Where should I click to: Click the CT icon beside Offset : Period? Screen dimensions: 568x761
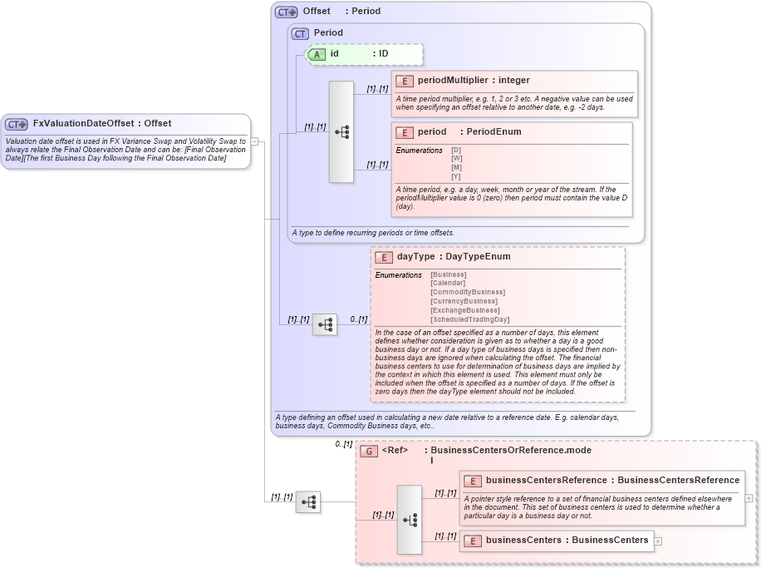pyautogui.click(x=287, y=12)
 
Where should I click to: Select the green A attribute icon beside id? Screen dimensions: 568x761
pyautogui.click(x=317, y=54)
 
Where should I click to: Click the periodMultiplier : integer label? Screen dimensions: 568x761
pyautogui.click(x=474, y=81)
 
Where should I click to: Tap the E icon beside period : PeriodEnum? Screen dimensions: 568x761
pyautogui.click(x=405, y=132)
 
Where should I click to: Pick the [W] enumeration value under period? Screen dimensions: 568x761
pyautogui.click(x=456, y=159)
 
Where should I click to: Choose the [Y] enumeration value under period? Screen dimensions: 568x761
pyautogui.click(x=456, y=176)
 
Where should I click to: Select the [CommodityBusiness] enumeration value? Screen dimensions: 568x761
pyautogui.click(x=468, y=292)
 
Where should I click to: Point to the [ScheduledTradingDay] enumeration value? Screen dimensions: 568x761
pyautogui.click(x=469, y=319)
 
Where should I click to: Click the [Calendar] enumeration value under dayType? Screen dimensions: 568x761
pyautogui.click(x=449, y=283)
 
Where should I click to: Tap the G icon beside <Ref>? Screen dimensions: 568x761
pyautogui.click(x=370, y=451)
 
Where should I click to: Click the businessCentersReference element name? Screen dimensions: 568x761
pyautogui.click(x=547, y=480)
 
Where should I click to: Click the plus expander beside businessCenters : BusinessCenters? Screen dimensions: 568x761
pyautogui.click(x=659, y=541)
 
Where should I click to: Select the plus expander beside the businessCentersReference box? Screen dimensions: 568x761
pyautogui.click(x=749, y=498)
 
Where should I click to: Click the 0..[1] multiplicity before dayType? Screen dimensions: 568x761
pyautogui.click(x=358, y=319)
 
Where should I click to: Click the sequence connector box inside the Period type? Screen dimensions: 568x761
pyautogui.click(x=341, y=131)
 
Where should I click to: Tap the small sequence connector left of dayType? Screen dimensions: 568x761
pyautogui.click(x=325, y=324)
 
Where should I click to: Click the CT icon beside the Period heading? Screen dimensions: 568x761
pyautogui.click(x=300, y=33)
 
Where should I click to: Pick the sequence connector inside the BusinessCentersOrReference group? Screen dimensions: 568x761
pyautogui.click(x=410, y=520)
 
